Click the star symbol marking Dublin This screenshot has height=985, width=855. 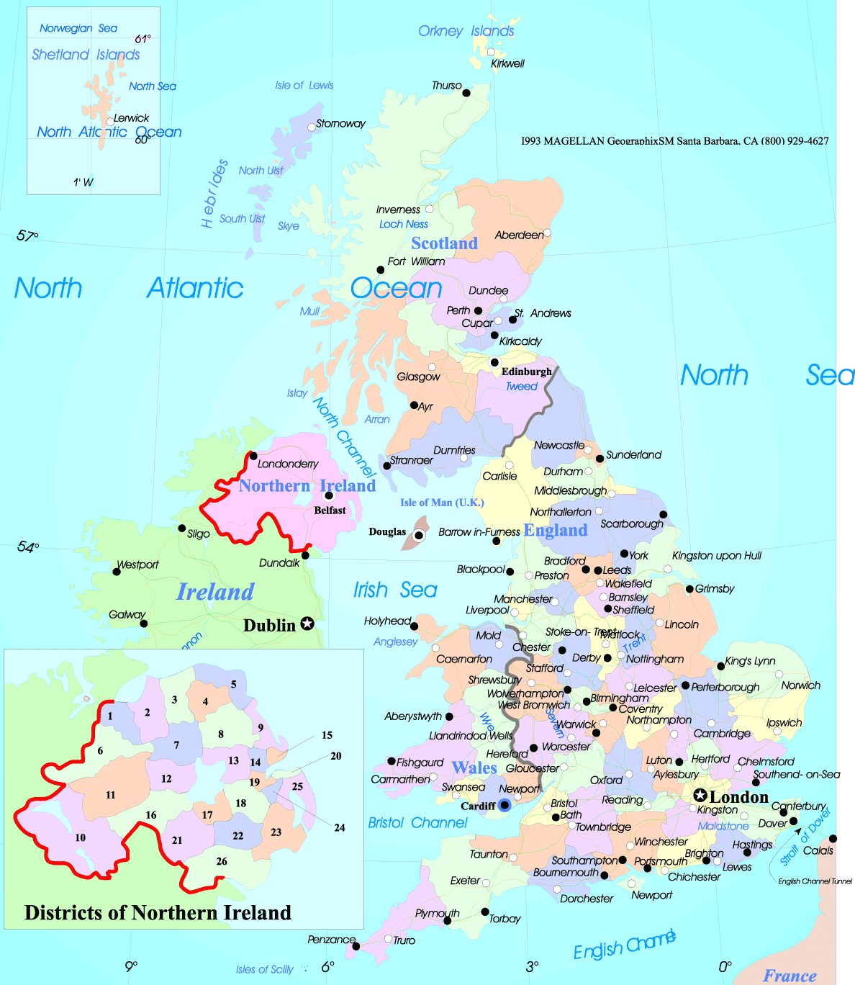307,624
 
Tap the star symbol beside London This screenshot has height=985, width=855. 700,796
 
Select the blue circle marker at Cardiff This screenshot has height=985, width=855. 505,805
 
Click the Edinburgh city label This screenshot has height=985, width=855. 526,372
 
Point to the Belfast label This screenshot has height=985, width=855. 330,511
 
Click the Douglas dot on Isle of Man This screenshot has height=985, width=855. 418,535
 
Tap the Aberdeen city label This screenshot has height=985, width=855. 519,235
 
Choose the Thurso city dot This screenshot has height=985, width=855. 466,93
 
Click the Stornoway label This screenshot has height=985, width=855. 340,124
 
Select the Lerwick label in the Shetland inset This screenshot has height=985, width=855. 131,118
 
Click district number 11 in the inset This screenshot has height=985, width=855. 110,796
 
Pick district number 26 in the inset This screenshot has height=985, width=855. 222,861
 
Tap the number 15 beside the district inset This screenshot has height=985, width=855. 327,735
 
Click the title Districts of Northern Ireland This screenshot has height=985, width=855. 158,913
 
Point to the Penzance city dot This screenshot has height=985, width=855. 356,946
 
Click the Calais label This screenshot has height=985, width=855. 818,851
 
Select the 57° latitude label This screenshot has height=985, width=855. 27,236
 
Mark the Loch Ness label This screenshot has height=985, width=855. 403,225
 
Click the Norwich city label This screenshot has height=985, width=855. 800,685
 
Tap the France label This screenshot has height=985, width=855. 790,976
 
